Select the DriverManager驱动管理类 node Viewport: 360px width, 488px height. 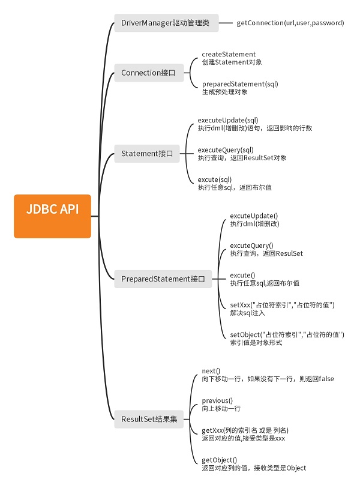[166, 23]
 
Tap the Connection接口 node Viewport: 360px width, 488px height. [148, 73]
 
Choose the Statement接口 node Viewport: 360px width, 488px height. [147, 154]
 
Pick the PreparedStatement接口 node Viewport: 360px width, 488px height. [163, 279]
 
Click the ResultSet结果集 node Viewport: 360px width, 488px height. [149, 419]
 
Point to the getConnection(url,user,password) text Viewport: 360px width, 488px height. [290, 23]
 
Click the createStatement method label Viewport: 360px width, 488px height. [229, 54]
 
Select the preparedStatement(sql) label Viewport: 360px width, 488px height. [240, 83]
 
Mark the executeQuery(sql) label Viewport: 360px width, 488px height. [226, 149]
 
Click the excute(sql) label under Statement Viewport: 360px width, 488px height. [215, 179]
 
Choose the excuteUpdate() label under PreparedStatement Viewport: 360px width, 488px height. [254, 215]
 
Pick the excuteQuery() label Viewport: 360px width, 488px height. [251, 245]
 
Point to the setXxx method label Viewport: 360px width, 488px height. [282, 305]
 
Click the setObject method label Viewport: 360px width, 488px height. [287, 334]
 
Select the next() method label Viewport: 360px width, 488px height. [211, 371]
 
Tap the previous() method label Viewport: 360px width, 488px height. [217, 400]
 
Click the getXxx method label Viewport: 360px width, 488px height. [245, 430]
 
